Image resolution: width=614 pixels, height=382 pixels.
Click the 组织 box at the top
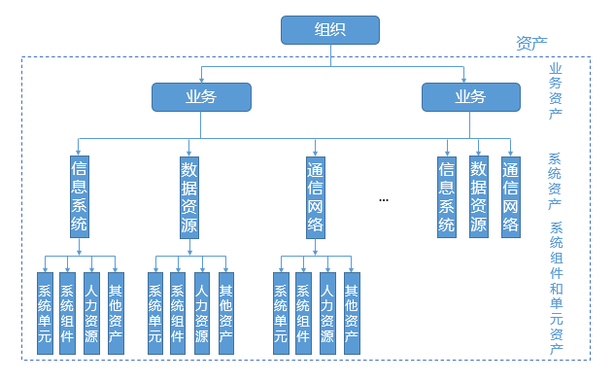tap(330, 30)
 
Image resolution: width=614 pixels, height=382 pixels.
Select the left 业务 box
tap(201, 96)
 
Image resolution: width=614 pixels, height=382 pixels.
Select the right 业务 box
tap(470, 96)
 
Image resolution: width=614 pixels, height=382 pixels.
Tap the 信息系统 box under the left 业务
tap(80, 197)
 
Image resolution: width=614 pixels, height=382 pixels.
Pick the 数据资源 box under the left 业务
tap(188, 197)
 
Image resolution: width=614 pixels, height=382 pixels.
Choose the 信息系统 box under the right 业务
tap(447, 197)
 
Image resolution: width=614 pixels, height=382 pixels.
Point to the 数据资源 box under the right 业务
tap(478, 197)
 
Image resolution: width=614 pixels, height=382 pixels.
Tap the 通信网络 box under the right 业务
tap(510, 197)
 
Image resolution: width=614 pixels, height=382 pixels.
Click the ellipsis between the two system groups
tap(384, 199)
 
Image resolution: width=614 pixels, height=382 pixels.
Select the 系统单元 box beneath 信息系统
tap(45, 313)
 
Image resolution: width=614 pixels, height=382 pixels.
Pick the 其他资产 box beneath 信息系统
tap(116, 313)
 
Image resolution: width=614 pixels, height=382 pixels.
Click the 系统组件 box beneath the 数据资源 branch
tap(178, 313)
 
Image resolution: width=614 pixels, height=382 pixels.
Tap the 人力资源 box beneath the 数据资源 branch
tap(201, 313)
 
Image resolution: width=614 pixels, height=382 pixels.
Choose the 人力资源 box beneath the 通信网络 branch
tap(327, 313)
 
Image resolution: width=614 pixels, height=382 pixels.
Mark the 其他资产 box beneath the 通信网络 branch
tap(352, 313)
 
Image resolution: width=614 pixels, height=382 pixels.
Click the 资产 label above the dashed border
tap(531, 44)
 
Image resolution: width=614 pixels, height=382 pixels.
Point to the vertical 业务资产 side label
tap(556, 91)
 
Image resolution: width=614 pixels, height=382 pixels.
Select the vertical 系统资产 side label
tap(556, 182)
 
